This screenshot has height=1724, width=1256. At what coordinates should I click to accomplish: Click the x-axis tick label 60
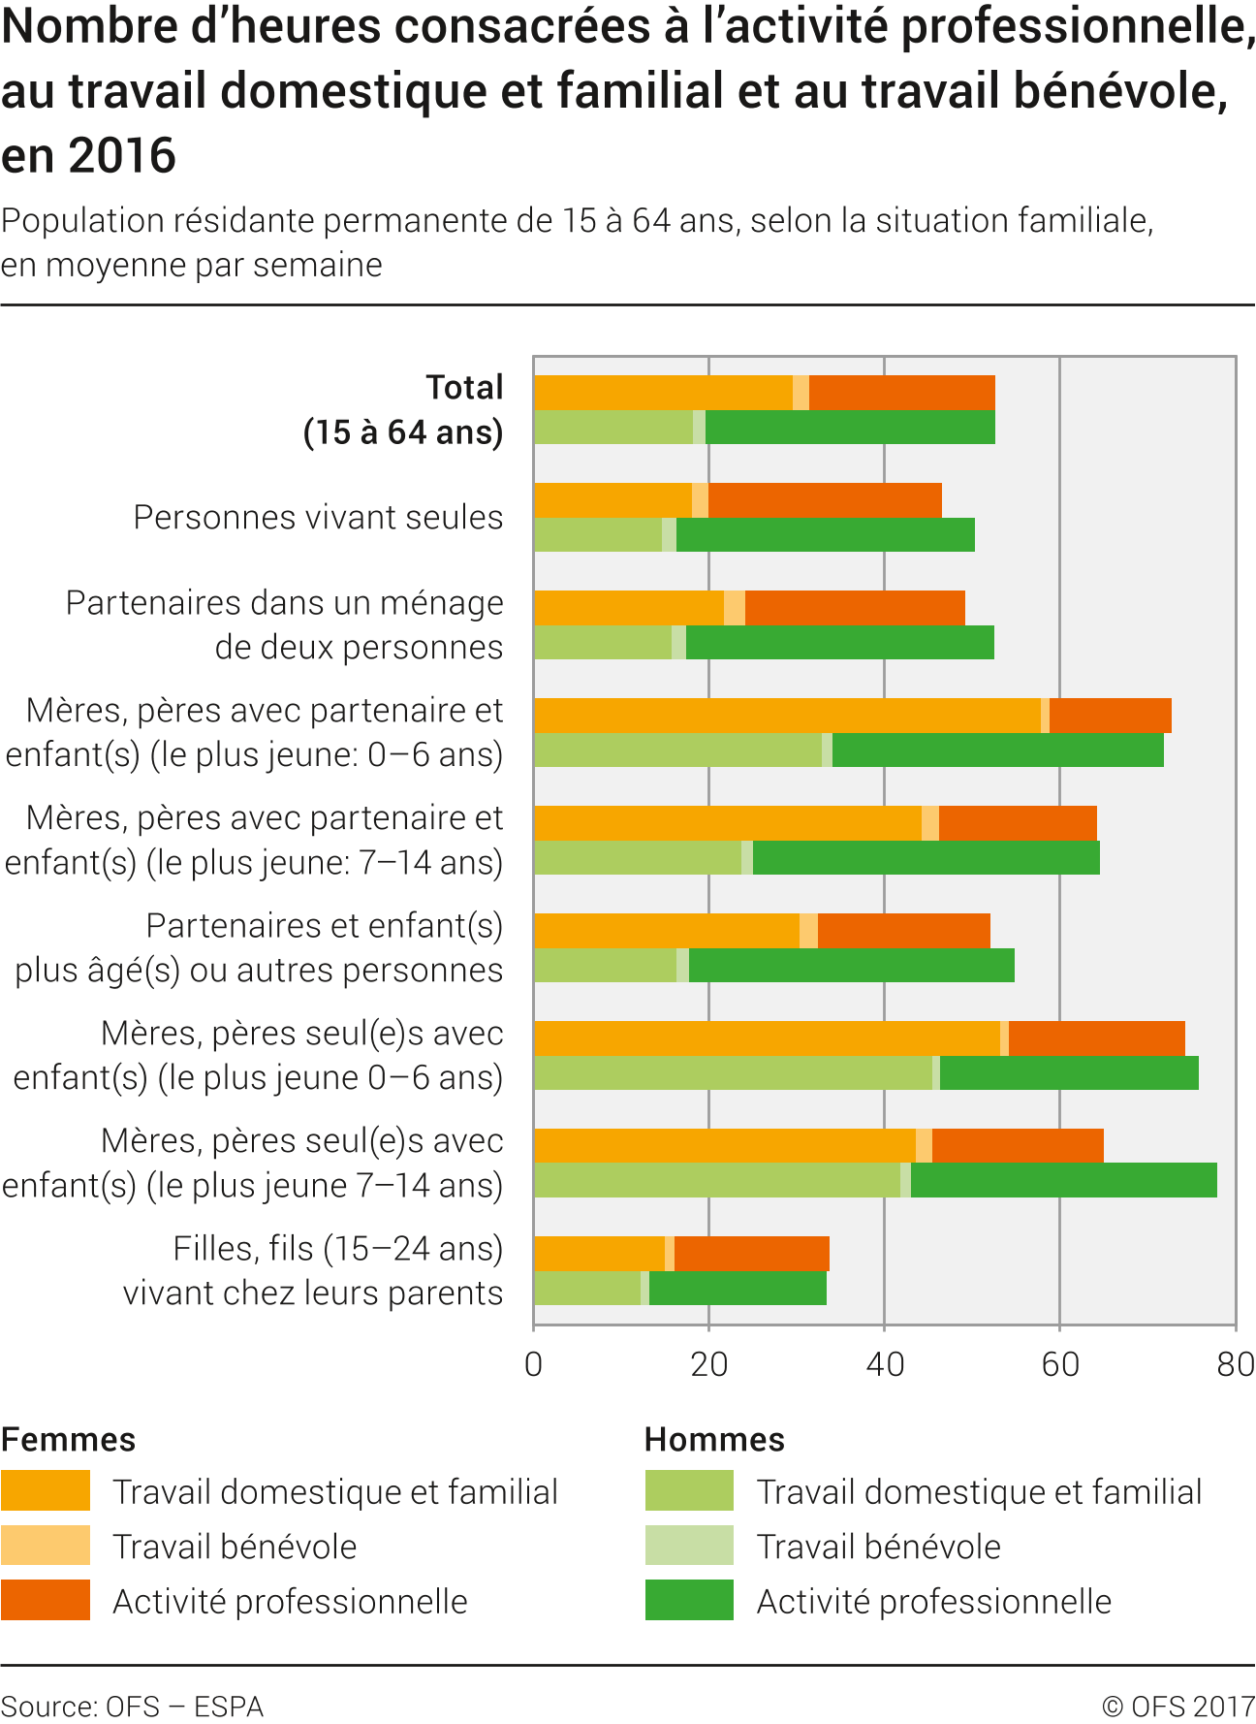[x=1059, y=1364]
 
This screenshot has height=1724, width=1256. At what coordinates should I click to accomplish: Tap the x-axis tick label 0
[x=533, y=1364]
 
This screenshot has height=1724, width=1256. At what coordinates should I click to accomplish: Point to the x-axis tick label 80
[x=1235, y=1364]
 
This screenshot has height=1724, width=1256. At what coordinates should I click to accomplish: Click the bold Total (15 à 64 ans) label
[x=404, y=409]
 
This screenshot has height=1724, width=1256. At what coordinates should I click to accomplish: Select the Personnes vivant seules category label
[x=318, y=517]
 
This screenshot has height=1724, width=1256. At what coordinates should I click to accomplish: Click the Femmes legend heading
[x=69, y=1439]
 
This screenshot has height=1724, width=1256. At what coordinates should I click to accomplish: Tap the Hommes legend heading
[x=714, y=1439]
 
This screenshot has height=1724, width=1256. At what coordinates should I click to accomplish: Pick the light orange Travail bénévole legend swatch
[x=46, y=1546]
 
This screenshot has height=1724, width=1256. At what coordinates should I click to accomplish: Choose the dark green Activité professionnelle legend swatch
[x=689, y=1600]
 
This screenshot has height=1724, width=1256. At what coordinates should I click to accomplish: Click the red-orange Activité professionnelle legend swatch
[x=46, y=1600]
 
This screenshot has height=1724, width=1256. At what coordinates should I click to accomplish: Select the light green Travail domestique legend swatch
[x=689, y=1490]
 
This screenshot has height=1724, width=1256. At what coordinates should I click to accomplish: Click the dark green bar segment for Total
[x=850, y=428]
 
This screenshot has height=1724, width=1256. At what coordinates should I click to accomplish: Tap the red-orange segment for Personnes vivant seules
[x=825, y=500]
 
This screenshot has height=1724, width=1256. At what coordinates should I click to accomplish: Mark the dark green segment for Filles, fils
[x=738, y=1289]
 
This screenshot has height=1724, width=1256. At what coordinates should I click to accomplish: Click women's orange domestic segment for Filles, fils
[x=599, y=1253]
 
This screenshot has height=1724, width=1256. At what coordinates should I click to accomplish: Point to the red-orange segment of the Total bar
[x=901, y=393]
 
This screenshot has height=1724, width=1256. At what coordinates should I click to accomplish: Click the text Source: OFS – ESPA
[x=132, y=1707]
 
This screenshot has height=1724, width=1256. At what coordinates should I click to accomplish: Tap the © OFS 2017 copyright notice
[x=1177, y=1707]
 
